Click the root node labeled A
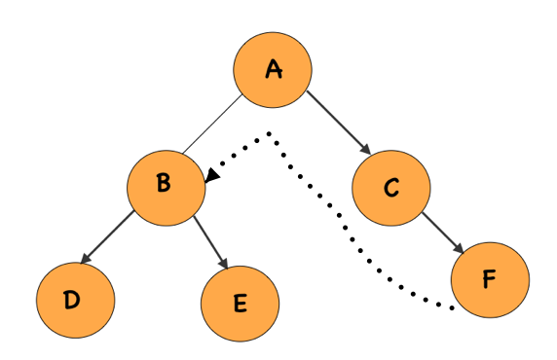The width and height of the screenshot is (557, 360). pyautogui.click(x=273, y=69)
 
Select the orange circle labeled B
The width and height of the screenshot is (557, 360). pyautogui.click(x=167, y=186)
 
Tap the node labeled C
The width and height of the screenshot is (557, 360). pyautogui.click(x=391, y=188)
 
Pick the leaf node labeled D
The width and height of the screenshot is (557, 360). pyautogui.click(x=75, y=299)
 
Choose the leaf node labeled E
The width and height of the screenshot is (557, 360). pyautogui.click(x=241, y=303)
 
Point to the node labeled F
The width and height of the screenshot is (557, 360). pyautogui.click(x=490, y=279)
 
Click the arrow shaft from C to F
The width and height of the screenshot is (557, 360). pyautogui.click(x=441, y=232)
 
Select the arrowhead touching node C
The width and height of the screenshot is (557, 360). pyautogui.click(x=366, y=151)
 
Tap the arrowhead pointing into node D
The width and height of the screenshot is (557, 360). pyautogui.click(x=87, y=261)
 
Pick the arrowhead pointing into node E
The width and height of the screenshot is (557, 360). pyautogui.click(x=223, y=265)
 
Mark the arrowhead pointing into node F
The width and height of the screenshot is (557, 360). pyautogui.click(x=461, y=250)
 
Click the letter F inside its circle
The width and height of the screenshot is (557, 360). pyautogui.click(x=490, y=279)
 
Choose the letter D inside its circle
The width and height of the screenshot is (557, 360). pyautogui.click(x=72, y=299)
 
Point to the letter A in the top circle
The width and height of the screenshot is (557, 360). pyautogui.click(x=274, y=69)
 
